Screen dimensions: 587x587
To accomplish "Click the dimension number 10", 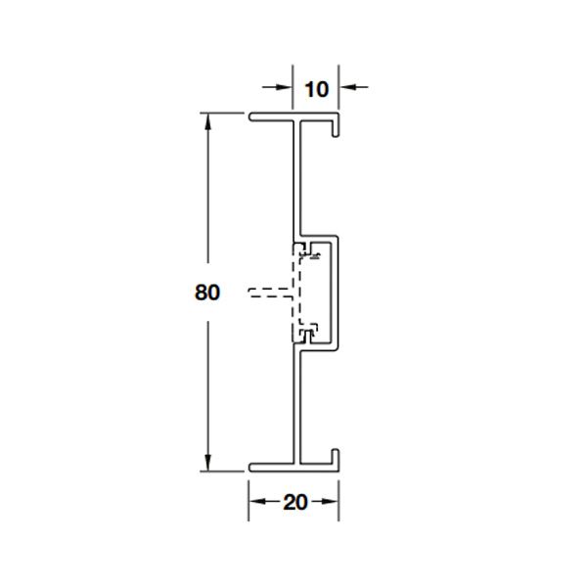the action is coord(317,89).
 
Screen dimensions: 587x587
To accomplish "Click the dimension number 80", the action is coord(207,292).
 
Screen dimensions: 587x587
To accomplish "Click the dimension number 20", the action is coord(295,502).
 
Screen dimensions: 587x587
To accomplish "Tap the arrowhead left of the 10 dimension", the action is coord(284,87).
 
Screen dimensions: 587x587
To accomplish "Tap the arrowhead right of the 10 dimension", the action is coord(347,87).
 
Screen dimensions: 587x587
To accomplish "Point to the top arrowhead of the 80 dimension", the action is coord(207,121).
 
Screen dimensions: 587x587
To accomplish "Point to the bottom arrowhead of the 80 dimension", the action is coord(207,463).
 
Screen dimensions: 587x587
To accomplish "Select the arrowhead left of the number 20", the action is coord(257,501).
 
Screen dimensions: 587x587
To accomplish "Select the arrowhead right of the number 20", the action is coord(331,501).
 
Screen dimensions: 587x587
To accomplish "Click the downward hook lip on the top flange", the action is coord(336,127).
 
